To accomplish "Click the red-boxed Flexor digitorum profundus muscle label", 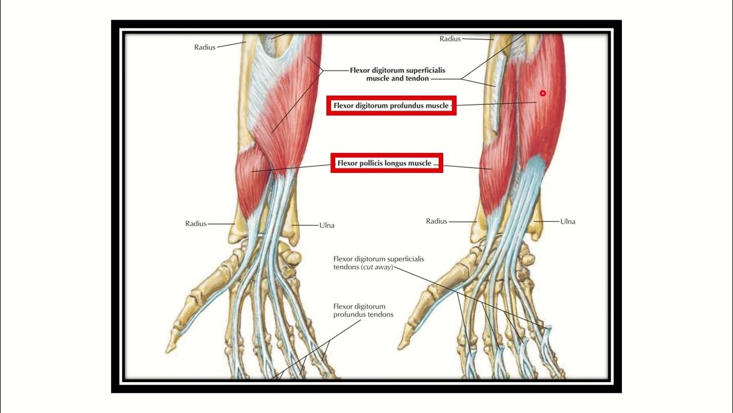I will (x=391, y=106).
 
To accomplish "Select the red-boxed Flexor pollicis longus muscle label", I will (x=384, y=163).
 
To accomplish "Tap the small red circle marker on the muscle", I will (x=543, y=93).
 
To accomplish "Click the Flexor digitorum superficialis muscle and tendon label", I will (x=397, y=74).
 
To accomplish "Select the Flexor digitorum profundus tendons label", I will (x=363, y=310).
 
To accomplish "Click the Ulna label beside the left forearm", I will (x=326, y=225).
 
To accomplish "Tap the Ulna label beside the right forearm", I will (x=568, y=221).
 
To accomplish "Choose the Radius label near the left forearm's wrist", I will (x=195, y=224).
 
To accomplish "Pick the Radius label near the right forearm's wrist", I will (x=436, y=221).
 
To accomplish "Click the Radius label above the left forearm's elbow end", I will (x=204, y=47).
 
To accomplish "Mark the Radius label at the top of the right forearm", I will (x=450, y=39).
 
